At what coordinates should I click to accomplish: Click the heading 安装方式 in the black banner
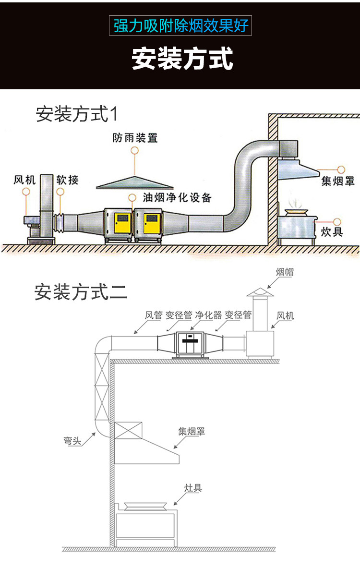tap(182, 58)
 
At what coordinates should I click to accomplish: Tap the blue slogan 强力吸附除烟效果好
tap(180, 25)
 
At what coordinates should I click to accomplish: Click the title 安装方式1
tap(77, 114)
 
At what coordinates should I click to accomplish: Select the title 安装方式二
tap(81, 292)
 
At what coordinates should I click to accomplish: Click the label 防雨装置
tap(135, 138)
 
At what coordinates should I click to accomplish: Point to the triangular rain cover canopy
tap(135, 183)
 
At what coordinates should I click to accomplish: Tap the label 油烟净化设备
tap(177, 197)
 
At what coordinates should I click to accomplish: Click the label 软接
tap(67, 180)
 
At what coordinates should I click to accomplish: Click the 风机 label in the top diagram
tap(24, 180)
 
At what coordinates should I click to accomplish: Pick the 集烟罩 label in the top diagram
tap(338, 181)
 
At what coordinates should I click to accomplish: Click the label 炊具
tap(332, 232)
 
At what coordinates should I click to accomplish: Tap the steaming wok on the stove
tap(294, 212)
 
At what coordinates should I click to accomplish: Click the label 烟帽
tap(285, 272)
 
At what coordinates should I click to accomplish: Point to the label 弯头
tap(72, 441)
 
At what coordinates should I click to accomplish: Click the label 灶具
tap(193, 488)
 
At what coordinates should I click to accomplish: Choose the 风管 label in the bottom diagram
tap(154, 315)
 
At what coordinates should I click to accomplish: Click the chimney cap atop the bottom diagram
tap(260, 292)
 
